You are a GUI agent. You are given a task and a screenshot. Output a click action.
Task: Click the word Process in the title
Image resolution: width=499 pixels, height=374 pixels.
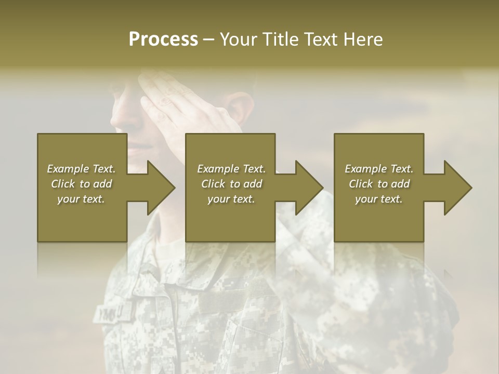tap(163, 39)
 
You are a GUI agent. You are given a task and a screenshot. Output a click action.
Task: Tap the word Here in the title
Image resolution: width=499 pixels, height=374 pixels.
tap(362, 39)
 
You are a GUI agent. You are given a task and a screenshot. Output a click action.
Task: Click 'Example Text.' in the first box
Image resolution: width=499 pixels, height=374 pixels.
tap(81, 169)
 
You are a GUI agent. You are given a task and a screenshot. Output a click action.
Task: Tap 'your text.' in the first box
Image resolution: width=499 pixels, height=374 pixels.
tap(81, 199)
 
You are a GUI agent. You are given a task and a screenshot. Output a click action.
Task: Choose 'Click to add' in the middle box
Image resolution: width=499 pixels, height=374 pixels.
tap(231, 184)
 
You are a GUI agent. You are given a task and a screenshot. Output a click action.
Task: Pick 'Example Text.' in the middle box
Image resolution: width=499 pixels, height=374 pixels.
tap(231, 169)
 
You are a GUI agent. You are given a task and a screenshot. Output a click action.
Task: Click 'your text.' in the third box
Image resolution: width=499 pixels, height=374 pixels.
tap(379, 199)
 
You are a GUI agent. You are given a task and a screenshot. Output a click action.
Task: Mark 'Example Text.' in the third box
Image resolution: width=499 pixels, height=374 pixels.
tap(379, 169)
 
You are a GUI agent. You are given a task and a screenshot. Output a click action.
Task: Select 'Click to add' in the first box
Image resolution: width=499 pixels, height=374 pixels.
tap(81, 184)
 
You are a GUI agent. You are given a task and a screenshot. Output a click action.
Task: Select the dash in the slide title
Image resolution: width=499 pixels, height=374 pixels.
tap(208, 39)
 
